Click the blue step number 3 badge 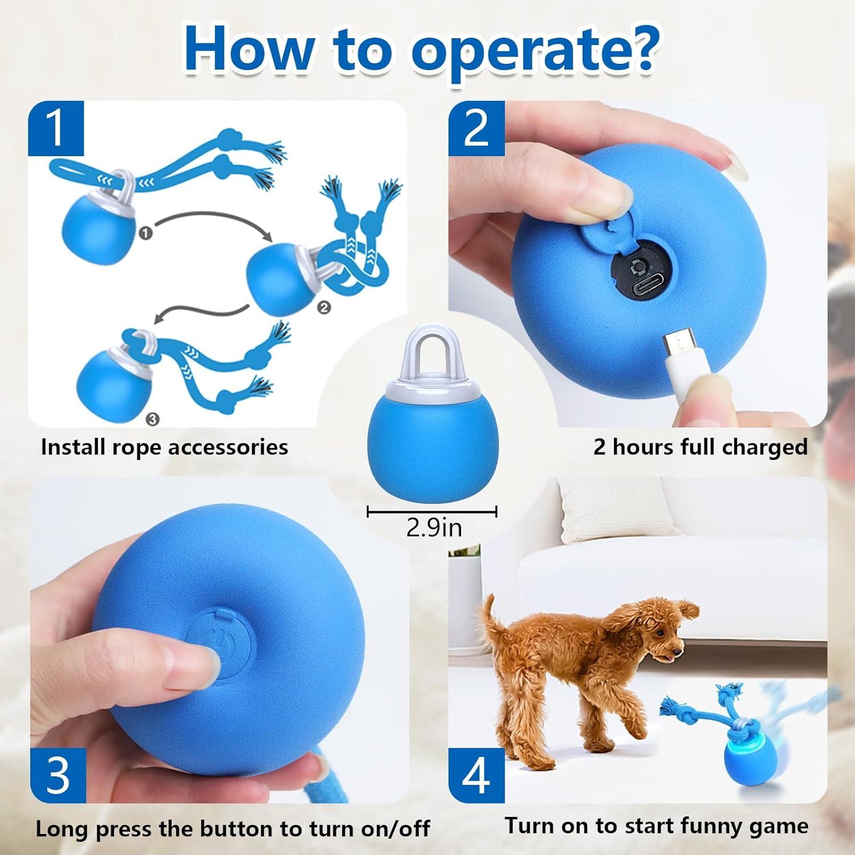(57, 775)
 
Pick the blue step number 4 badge (476, 775)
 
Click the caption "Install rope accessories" (164, 447)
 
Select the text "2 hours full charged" (700, 447)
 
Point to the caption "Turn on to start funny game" (656, 825)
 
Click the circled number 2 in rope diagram (323, 307)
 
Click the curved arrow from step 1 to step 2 (205, 219)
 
